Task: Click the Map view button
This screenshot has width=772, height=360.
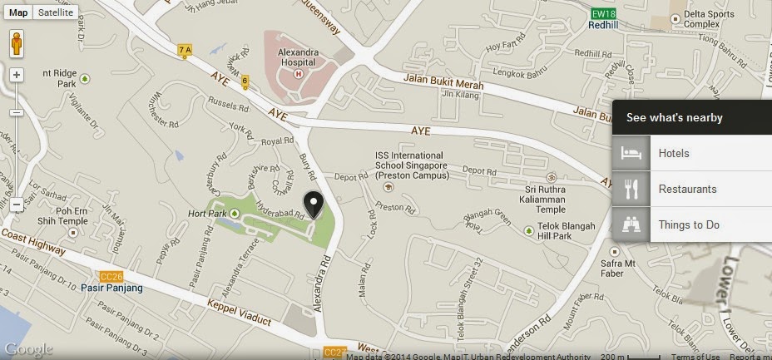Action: pyautogui.click(x=18, y=12)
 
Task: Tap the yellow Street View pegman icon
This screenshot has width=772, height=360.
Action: pyautogui.click(x=16, y=45)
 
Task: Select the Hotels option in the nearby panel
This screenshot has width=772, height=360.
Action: pyautogui.click(x=673, y=154)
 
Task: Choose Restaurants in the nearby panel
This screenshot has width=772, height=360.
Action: pyautogui.click(x=687, y=189)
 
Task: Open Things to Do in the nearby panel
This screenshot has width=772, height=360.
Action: pyautogui.click(x=689, y=224)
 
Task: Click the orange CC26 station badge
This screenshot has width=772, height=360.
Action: pyautogui.click(x=110, y=276)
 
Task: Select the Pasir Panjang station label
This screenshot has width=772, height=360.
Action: pyautogui.click(x=112, y=288)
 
